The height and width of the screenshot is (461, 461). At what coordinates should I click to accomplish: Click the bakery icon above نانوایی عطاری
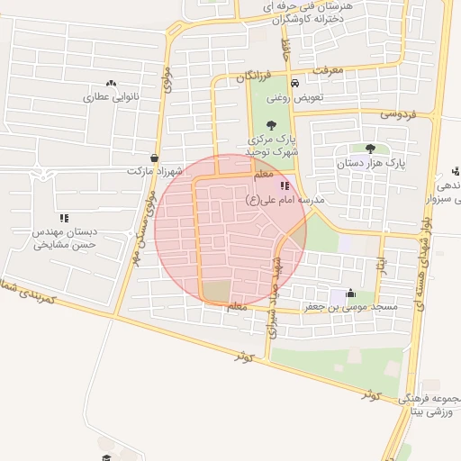point(111,83)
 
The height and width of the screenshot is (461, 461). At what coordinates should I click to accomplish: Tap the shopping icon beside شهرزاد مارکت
point(155,158)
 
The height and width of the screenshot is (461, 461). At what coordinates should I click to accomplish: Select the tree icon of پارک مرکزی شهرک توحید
point(272,125)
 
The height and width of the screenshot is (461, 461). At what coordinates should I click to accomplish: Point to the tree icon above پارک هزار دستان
point(370,149)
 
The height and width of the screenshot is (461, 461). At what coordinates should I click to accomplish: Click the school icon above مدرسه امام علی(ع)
point(285,185)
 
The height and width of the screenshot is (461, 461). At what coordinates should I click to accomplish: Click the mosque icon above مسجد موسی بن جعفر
point(350,294)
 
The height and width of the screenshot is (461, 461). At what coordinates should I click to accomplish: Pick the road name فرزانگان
point(253,77)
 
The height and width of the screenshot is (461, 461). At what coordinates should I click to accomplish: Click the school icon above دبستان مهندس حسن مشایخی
point(64,217)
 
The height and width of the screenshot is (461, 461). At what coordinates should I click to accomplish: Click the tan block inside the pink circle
point(216,291)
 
